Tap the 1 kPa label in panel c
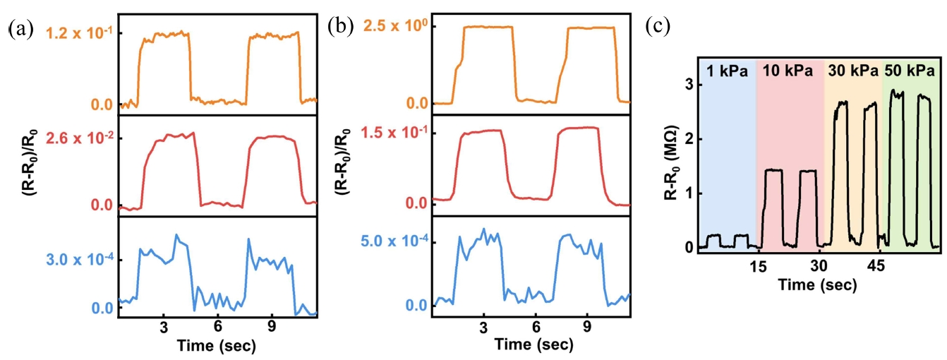coord(725,71)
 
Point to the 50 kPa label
coord(911,71)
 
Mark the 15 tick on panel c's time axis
coord(758,267)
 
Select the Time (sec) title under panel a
coord(217,346)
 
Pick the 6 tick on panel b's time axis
coord(536,329)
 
